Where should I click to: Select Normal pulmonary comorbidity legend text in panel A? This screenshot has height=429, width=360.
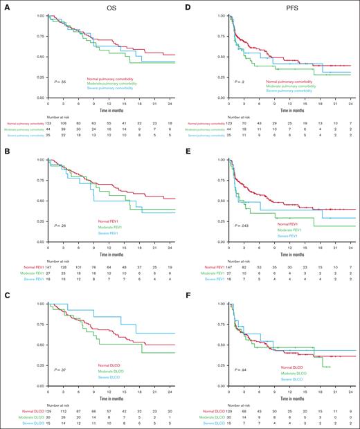tap(113, 80)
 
